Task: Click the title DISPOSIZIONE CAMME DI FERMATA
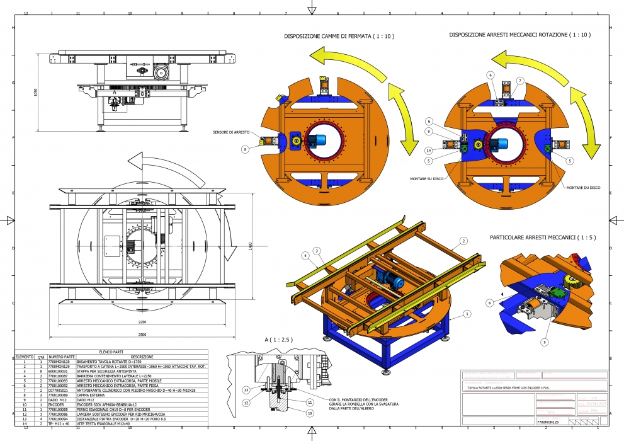(339, 37)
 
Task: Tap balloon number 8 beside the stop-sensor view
(244, 149)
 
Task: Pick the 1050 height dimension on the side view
(36, 92)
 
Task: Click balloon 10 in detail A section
(310, 413)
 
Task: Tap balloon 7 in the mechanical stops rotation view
(520, 81)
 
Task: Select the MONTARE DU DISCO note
(582, 188)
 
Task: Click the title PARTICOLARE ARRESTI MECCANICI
(539, 238)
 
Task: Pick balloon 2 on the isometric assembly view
(463, 241)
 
